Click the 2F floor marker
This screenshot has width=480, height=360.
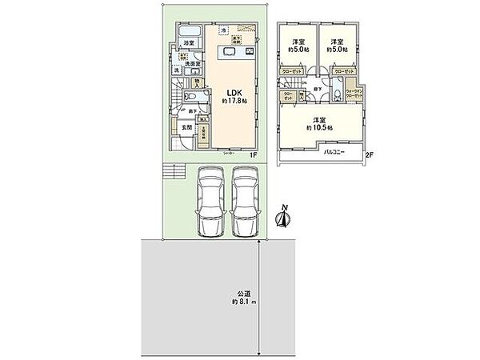point(368,156)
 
